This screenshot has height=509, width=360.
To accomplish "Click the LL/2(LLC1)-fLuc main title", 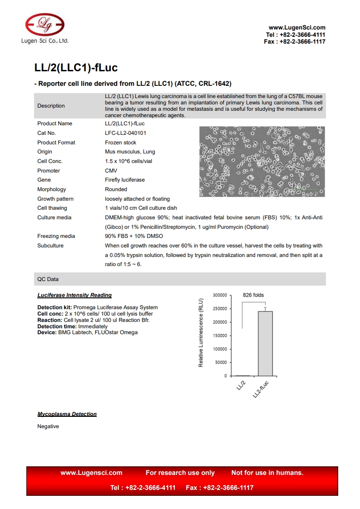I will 76,68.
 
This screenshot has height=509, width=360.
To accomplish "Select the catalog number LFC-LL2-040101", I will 125,133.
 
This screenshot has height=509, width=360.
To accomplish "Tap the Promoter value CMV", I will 111,171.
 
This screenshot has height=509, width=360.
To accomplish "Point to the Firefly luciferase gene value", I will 124,180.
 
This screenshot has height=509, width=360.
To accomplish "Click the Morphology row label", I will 51,189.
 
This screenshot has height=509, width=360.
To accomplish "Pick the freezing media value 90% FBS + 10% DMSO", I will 133,236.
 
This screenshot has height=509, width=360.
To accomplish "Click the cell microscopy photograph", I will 261,161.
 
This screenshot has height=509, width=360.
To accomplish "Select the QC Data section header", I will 48,279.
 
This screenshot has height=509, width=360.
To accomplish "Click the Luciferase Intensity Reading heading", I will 74,295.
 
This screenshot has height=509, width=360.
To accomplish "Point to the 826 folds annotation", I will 253,295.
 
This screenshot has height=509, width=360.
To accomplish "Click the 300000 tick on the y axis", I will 219,295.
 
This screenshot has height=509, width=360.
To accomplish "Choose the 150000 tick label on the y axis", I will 219,336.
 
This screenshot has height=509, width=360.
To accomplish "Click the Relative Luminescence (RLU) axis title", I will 201,332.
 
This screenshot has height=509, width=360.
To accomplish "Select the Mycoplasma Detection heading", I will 67,414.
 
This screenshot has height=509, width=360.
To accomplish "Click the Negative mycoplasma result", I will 48,426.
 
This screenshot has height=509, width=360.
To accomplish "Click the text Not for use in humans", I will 267,473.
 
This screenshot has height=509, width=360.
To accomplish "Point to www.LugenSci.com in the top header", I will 297,28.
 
